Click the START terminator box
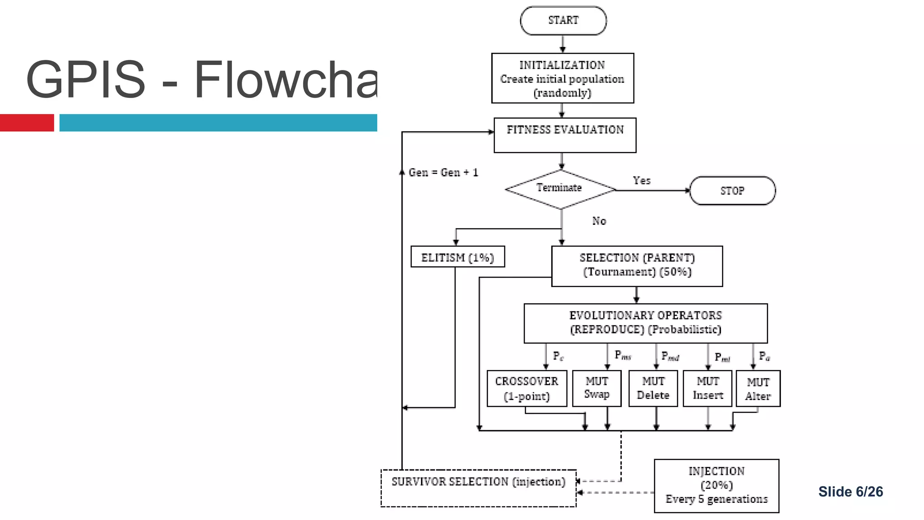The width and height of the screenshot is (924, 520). pos(563,21)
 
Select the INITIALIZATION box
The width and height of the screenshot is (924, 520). pos(563,79)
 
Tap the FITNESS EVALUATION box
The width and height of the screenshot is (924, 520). pos(565,135)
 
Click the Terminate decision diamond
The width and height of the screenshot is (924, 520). pos(560,189)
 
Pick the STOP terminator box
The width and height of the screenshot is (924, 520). pos(732,191)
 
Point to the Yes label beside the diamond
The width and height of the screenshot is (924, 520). pos(642,181)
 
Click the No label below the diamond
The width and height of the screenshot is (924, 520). pos(599,221)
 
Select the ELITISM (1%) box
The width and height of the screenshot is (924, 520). pos(457,257)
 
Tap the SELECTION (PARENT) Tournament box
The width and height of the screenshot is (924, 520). pos(637,266)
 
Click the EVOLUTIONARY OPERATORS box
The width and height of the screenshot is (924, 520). pos(645,323)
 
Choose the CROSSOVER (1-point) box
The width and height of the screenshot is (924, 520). pos(527,389)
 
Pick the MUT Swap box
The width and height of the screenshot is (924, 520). pos(596,388)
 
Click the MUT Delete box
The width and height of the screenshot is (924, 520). pos(653,389)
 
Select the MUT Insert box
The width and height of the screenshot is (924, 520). pos(707,389)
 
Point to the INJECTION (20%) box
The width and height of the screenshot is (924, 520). pos(716,486)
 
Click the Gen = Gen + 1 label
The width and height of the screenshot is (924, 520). pos(443,172)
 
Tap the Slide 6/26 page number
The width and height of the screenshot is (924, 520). pos(850,492)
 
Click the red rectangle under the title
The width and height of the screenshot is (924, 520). pos(27,123)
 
